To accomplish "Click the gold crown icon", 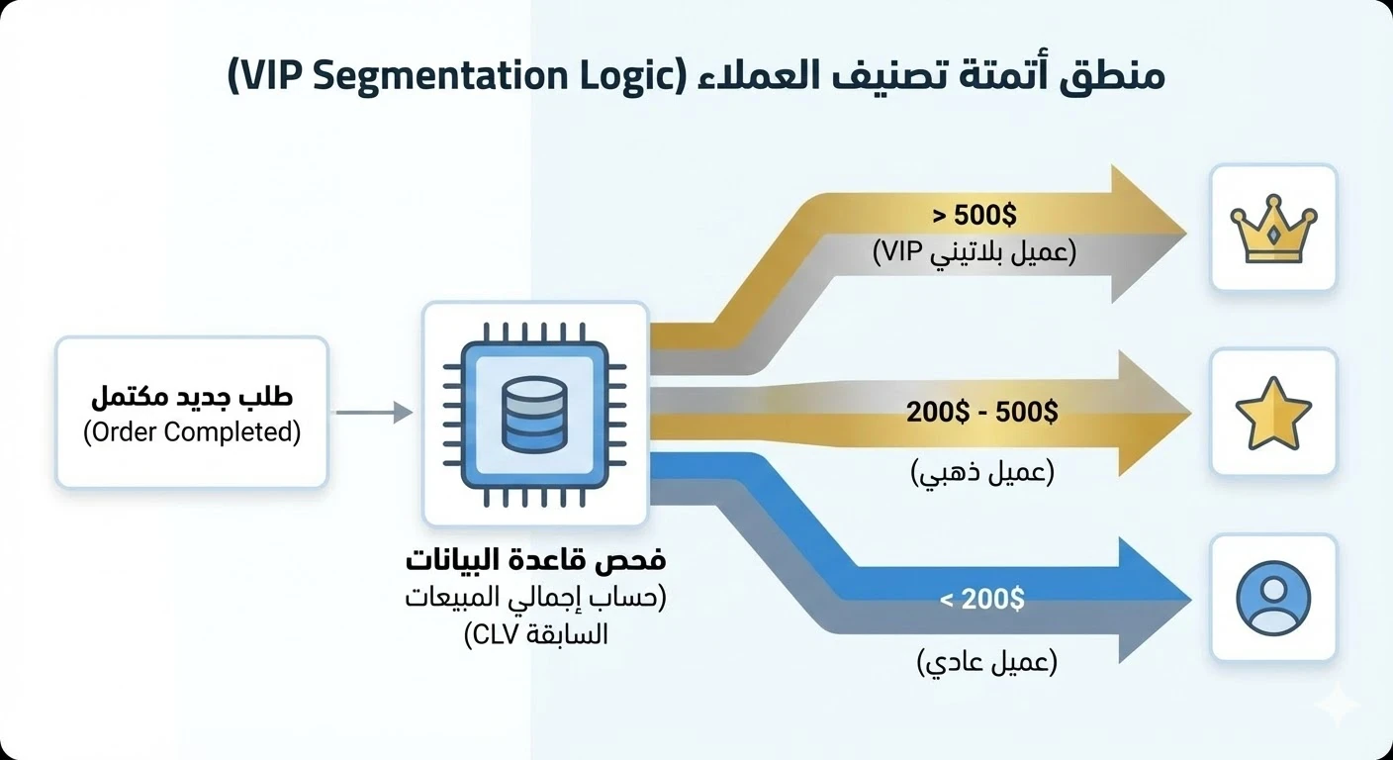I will (x=1272, y=230).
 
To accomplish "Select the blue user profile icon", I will (x=1273, y=598).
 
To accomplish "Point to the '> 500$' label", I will (x=975, y=216).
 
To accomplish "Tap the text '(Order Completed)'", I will (x=191, y=432).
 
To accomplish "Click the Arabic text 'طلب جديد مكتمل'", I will (x=191, y=398).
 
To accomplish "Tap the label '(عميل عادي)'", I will (x=986, y=661).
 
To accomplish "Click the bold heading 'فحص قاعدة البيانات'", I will (x=535, y=560).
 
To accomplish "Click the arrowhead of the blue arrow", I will (x=1153, y=600).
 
